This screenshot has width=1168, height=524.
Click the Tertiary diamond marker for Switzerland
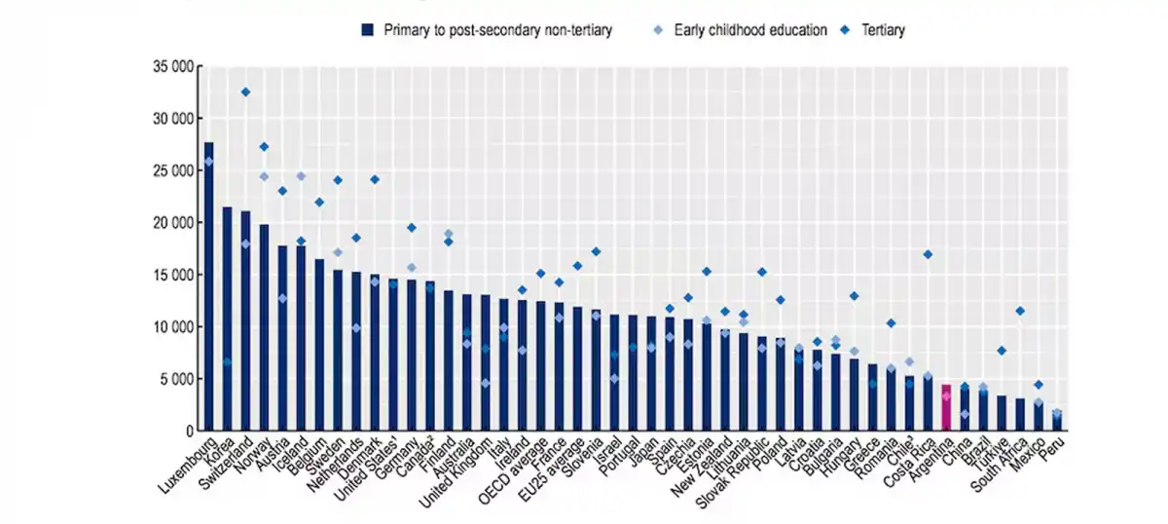245,92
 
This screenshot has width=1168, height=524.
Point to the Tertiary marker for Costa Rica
928,254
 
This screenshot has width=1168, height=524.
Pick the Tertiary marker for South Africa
1020,311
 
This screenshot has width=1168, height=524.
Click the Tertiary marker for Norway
264,146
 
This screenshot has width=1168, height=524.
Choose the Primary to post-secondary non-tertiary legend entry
487,30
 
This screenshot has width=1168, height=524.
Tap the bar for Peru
1057,421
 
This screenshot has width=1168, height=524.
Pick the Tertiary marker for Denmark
374,179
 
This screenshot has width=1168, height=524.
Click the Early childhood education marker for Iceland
301,176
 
